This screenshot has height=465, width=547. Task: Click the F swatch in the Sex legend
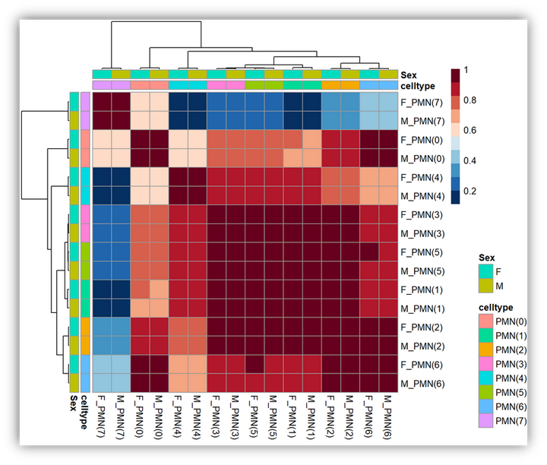click(485, 270)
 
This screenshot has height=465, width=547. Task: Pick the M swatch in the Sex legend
click(485, 285)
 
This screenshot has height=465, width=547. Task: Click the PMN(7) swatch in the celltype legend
click(485, 420)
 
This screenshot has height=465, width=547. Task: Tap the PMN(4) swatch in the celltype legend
click(485, 377)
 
